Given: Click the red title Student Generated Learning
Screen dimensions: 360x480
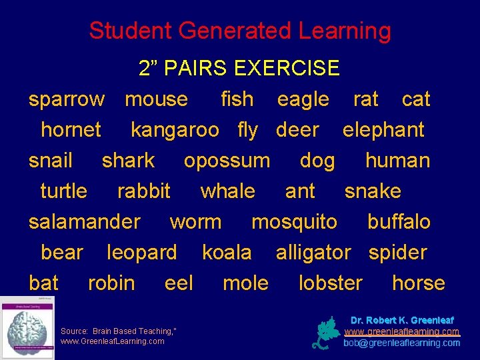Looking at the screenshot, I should point(240,31).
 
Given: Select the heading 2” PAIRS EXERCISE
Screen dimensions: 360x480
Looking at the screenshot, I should point(239,68).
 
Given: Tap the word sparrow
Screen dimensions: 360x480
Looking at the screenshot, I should point(67,99).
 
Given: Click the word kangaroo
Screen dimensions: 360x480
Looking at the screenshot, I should point(175,130).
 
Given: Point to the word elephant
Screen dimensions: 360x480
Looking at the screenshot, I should point(383,130).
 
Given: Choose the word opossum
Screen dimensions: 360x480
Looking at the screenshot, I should point(227,161).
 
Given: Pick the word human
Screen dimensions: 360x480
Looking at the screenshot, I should point(398,161).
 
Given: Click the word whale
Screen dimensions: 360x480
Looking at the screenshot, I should point(227,191).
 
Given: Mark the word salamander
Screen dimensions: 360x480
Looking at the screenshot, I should point(85,222).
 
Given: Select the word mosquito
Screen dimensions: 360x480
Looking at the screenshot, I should point(294,222).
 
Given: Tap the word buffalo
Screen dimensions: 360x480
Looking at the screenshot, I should point(399,222).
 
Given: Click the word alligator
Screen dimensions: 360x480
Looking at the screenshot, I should point(313,253).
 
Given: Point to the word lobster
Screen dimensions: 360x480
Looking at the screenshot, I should point(331,283).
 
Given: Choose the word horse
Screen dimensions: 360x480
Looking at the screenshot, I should point(419,283).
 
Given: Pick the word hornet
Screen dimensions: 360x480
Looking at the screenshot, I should point(71,130).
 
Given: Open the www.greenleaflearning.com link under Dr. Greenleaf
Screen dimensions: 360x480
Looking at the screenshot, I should point(401,331).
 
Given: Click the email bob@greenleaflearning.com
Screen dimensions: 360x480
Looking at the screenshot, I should point(401,343).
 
